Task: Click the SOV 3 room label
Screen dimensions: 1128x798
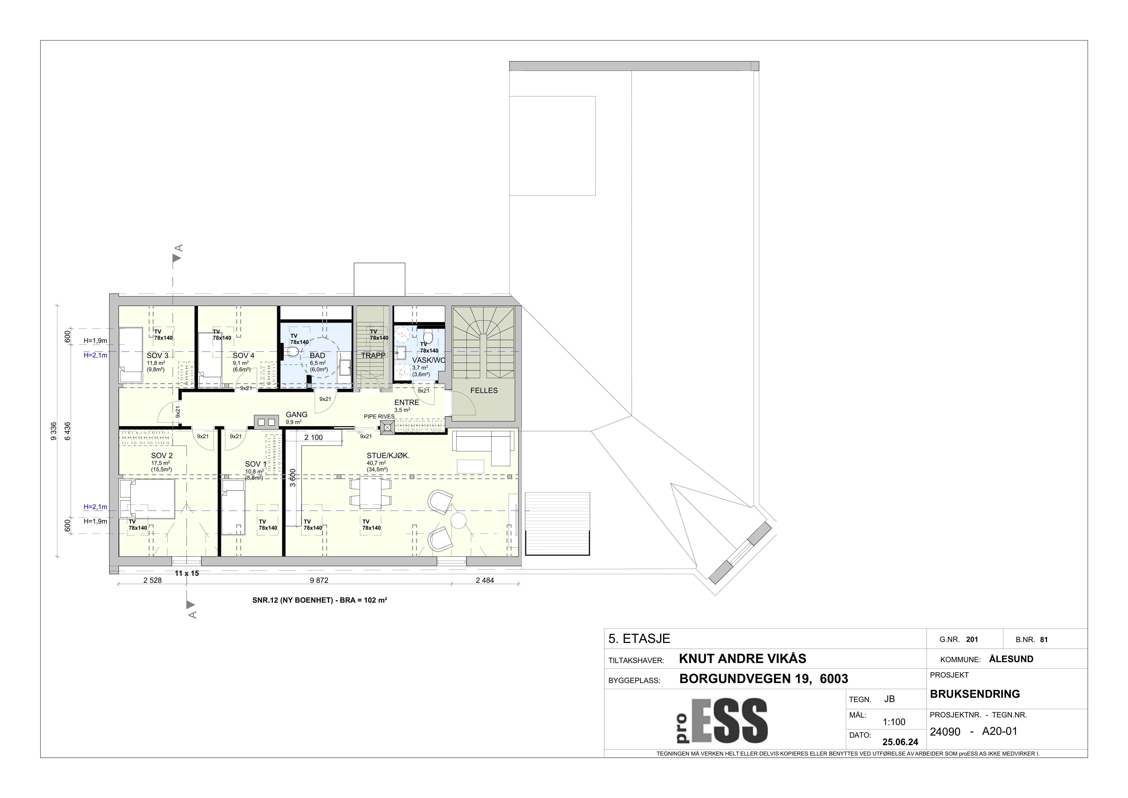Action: tap(157, 355)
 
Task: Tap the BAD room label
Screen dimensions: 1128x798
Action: tap(317, 355)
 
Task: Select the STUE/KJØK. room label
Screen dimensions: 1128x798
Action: tap(388, 456)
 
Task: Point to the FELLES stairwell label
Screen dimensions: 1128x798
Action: tap(484, 391)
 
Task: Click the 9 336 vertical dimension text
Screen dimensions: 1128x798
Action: tap(54, 431)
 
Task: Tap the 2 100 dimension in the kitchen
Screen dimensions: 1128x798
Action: tap(314, 437)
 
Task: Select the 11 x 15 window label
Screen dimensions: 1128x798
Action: tap(187, 573)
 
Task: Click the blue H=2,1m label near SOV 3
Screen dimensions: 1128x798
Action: tap(95, 355)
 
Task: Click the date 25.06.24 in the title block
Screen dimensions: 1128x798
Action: tap(900, 742)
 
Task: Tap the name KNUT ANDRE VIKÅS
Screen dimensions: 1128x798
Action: tap(742, 659)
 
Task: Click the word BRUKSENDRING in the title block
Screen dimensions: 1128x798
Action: tap(975, 694)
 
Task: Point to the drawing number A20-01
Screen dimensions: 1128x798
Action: tap(999, 731)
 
